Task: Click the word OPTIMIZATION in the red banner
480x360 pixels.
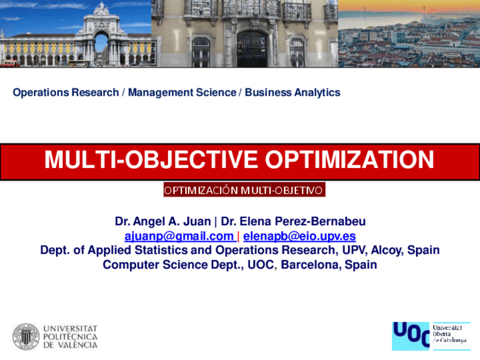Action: tap(349, 161)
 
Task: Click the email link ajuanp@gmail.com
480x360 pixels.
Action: tap(179, 236)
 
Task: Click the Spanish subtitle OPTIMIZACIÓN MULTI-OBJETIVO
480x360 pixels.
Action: tap(244, 190)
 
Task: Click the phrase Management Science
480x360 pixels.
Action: tap(182, 92)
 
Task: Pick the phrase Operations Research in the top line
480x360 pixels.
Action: tap(66, 92)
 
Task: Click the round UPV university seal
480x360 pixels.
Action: tap(26, 337)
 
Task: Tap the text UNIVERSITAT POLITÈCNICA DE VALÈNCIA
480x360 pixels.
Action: tap(70, 337)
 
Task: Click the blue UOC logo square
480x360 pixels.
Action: tap(410, 336)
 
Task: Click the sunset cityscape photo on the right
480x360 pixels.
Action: tap(409, 34)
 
